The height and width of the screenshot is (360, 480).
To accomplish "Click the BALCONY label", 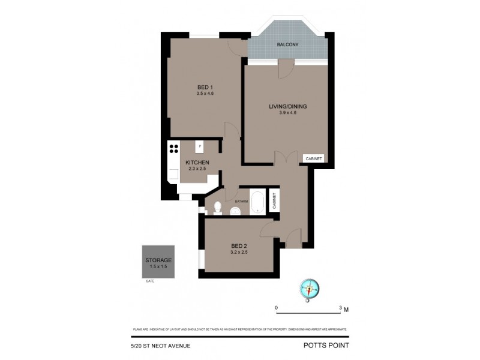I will [288, 45].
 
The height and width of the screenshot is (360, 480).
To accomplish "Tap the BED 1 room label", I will [205, 86].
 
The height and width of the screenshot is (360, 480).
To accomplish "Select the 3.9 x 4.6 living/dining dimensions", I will [287, 113].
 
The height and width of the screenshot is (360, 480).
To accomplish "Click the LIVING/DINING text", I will [287, 106].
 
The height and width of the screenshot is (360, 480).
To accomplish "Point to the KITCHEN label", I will [197, 163].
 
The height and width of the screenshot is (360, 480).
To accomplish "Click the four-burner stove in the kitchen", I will [173, 148].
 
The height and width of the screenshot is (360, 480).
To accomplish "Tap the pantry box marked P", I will [200, 146].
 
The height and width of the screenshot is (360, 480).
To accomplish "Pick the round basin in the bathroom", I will [236, 210].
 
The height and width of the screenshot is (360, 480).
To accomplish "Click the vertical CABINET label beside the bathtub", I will [273, 200].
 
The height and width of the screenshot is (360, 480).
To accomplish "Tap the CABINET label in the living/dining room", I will [314, 158].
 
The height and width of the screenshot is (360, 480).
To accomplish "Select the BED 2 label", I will [239, 245].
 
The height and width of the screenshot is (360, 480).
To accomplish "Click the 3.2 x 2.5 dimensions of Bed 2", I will [239, 252].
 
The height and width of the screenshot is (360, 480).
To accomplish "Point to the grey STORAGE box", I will [158, 262].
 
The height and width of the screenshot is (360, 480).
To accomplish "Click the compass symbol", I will [310, 289].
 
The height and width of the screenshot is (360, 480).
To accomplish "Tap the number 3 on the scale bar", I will [340, 308].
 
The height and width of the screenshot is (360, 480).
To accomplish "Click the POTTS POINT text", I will [326, 345].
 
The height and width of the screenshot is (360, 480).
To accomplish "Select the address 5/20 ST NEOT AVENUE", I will [160, 345].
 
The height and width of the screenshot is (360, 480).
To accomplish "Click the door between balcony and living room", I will [285, 68].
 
